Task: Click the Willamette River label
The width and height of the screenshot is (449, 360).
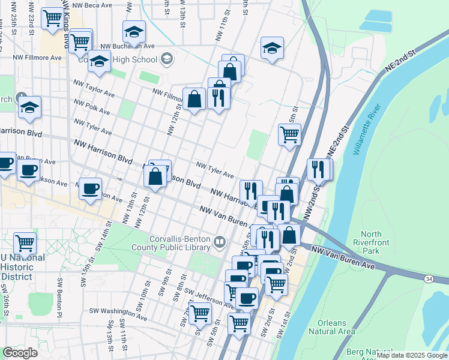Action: [x=367, y=130]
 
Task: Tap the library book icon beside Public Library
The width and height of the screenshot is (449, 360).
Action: [x=220, y=242]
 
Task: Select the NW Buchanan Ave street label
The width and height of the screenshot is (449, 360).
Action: [x=128, y=46]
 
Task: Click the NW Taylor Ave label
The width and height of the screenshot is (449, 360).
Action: [x=94, y=89]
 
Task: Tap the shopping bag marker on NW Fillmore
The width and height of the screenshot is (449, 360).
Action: [x=194, y=99]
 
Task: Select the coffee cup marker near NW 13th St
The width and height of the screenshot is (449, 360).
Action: [x=91, y=189]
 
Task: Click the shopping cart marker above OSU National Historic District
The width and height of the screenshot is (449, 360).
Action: [x=25, y=243]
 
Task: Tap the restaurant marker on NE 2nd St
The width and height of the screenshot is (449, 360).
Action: [x=318, y=169]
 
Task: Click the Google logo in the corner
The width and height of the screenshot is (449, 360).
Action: [x=20, y=352]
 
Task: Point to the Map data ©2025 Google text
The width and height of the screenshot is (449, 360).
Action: [x=412, y=355]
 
